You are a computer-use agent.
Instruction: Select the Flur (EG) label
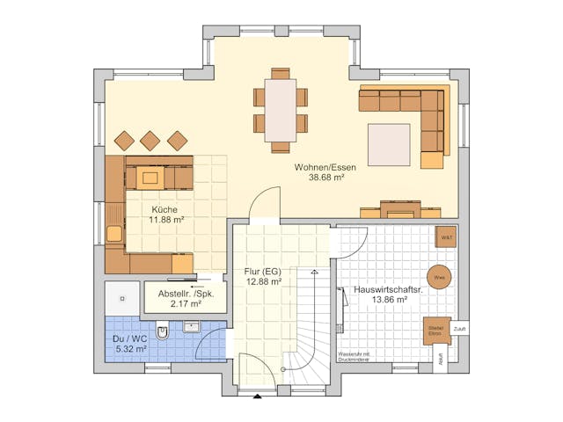263,271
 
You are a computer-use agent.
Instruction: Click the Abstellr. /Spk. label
185,293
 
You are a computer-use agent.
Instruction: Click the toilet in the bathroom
163,332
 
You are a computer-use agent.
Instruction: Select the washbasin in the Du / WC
192,327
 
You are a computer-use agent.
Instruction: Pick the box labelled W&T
445,236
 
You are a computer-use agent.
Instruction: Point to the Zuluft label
460,329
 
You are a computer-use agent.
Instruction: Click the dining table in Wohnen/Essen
281,110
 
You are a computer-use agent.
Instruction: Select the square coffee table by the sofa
389,144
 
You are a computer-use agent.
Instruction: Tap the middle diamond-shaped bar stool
150,140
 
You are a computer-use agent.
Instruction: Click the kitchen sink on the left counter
113,233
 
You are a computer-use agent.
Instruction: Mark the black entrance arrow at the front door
257,397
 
